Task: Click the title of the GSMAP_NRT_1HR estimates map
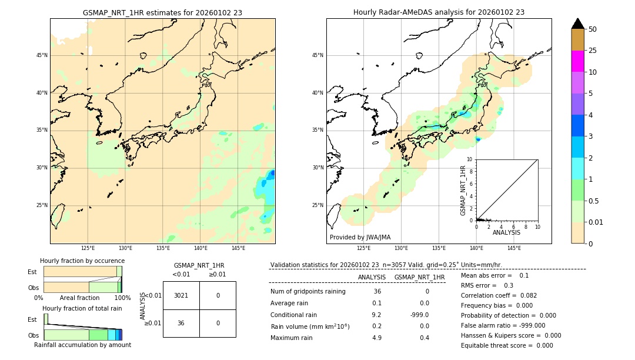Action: pyautogui.click(x=162, y=12)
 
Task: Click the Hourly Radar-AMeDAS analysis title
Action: pyautogui.click(x=439, y=12)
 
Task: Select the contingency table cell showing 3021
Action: pyautogui.click(x=181, y=295)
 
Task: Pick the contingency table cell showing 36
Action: pyautogui.click(x=181, y=323)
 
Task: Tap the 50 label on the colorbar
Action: pyautogui.click(x=593, y=29)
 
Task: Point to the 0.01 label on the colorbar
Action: pyautogui.click(x=596, y=222)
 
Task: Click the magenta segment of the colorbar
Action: pyautogui.click(x=577, y=61)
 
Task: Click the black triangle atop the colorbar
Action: pyautogui.click(x=577, y=24)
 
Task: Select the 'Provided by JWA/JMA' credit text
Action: pyautogui.click(x=360, y=237)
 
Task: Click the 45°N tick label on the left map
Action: pyautogui.click(x=42, y=55)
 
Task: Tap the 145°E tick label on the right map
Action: pyautogui.click(x=514, y=248)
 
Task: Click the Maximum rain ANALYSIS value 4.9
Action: pyautogui.click(x=377, y=338)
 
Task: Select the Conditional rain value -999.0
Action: pyautogui.click(x=419, y=315)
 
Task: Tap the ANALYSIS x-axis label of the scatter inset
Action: pyautogui.click(x=506, y=232)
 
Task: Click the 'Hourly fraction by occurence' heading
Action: pyautogui.click(x=82, y=261)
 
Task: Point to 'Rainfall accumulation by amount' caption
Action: pyautogui.click(x=82, y=345)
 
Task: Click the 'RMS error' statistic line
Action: pyautogui.click(x=487, y=285)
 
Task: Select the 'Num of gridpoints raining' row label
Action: pyautogui.click(x=308, y=292)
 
